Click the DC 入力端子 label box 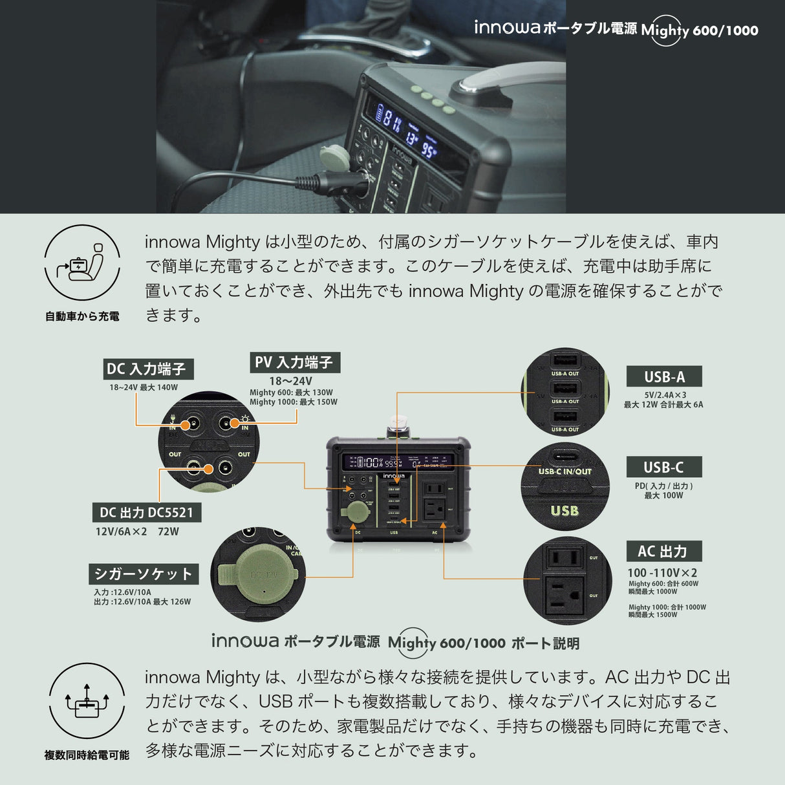point(148,369)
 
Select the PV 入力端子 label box point(295,362)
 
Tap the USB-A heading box point(663,376)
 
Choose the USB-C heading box point(663,467)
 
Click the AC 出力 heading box point(663,552)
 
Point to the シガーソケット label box point(143,574)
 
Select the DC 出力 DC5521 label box point(146,512)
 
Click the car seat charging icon point(82,263)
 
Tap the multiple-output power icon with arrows point(86,701)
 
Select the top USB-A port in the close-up point(564,361)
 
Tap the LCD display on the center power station point(398,462)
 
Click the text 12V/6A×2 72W point(137,532)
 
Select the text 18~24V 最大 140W point(144,387)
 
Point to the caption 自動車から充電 point(82,316)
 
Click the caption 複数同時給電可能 point(87,755)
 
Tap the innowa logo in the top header point(506,28)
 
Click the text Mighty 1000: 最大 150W point(294,402)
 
